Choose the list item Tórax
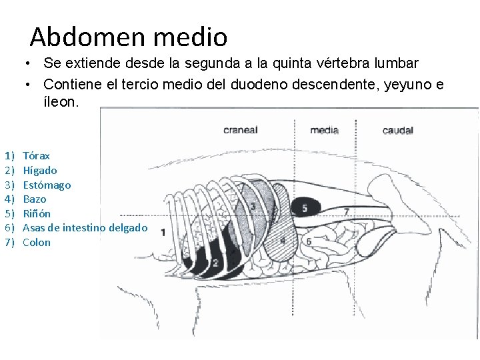(36, 156)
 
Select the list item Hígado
(40, 171)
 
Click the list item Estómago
(47, 185)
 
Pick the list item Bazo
(35, 199)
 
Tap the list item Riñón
(37, 213)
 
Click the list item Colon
(37, 242)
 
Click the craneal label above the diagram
(240, 130)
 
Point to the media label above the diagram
(325, 130)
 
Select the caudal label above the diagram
(398, 131)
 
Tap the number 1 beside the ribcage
(163, 232)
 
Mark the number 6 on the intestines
(309, 240)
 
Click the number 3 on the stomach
(253, 206)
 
